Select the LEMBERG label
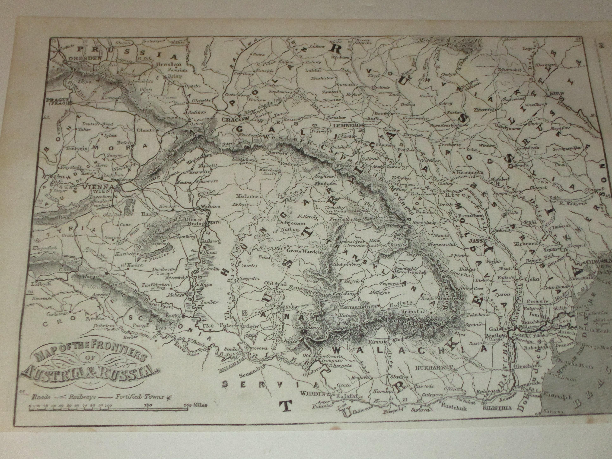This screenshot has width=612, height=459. [347, 125]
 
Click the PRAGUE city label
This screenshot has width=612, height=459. [57, 100]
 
